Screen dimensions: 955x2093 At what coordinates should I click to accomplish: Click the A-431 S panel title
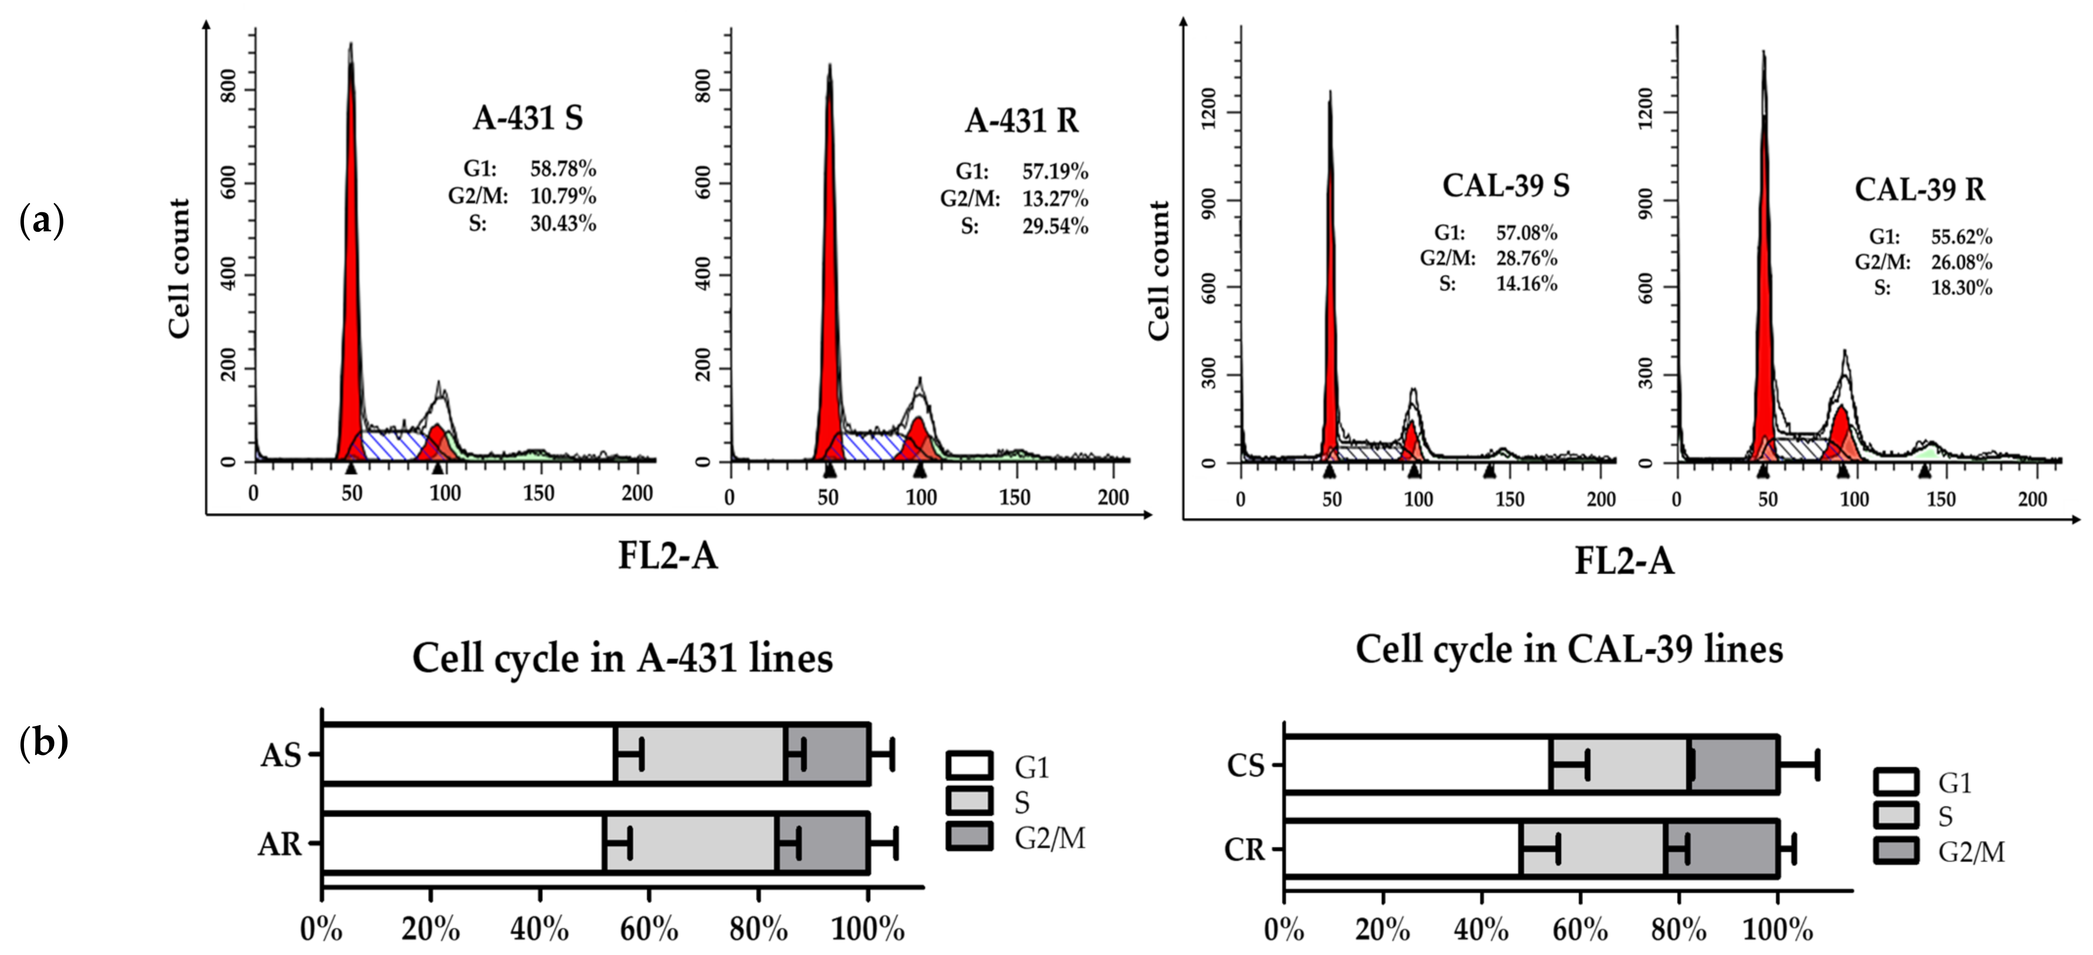[x=528, y=118]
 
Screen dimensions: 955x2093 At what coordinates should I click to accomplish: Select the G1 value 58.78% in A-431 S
[x=563, y=169]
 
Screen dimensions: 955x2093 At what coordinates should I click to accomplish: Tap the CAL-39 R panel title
[x=1919, y=189]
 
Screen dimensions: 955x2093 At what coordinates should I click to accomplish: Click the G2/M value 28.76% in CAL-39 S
[x=1527, y=259]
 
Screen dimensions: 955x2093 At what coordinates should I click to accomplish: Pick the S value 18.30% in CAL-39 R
[x=1961, y=288]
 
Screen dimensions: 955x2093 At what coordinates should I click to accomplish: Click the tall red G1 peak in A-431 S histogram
[x=351, y=284]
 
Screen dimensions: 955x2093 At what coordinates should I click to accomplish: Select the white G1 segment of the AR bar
[x=463, y=844]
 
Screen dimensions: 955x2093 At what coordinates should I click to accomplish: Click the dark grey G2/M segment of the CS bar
[x=1735, y=765]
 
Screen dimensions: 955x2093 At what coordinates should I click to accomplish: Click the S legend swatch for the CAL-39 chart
[x=1896, y=816]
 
